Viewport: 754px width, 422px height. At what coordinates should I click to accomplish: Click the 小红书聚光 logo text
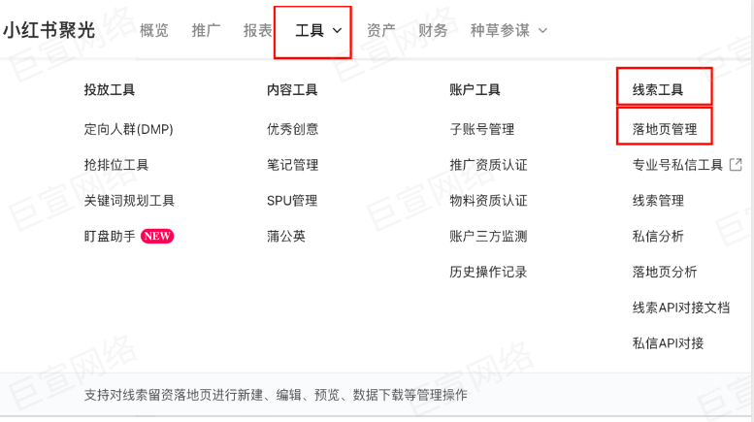[49, 30]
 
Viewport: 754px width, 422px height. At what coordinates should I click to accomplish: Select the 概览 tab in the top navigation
[154, 30]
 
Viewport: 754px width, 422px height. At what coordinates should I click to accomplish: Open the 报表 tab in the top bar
[258, 30]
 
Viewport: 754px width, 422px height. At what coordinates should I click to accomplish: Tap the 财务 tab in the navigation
[433, 30]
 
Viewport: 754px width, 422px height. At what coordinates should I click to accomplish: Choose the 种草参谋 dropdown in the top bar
[508, 30]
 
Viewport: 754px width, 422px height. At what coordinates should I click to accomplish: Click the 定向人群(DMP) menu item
[128, 129]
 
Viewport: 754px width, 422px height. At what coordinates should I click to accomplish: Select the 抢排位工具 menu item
[116, 165]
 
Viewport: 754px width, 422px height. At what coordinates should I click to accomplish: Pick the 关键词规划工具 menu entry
[129, 201]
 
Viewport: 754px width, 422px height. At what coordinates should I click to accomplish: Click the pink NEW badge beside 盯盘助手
[157, 236]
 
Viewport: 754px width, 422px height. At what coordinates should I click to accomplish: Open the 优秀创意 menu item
[292, 129]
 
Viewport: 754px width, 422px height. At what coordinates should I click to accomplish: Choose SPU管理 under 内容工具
[292, 201]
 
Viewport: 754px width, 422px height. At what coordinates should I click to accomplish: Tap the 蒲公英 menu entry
[286, 236]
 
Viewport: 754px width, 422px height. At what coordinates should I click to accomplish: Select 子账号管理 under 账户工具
[481, 129]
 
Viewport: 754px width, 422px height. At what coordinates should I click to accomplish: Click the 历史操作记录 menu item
[488, 272]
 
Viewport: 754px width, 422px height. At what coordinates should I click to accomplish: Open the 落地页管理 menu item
[665, 129]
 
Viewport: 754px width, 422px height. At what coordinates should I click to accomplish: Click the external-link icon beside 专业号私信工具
[736, 165]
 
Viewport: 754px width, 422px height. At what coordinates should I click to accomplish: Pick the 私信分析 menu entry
[658, 236]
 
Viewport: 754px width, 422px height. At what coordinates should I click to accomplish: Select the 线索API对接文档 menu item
[680, 308]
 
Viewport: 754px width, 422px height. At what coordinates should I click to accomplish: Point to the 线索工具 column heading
[658, 90]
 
